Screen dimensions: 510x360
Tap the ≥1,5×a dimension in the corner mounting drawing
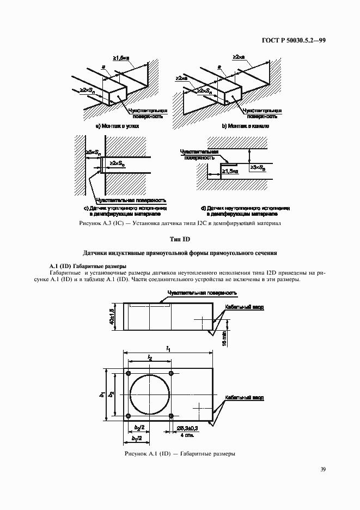pos(121,58)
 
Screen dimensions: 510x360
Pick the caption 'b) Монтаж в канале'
pos(246,126)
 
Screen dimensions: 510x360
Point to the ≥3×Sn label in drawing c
pos(93,153)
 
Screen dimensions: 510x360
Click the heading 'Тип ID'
pos(180,240)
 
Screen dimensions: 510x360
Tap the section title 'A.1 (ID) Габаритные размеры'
pos(87,266)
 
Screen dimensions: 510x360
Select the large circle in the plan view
pos(149,394)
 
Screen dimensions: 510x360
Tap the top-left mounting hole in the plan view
pos(129,373)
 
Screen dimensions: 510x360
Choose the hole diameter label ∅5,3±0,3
pos(188,430)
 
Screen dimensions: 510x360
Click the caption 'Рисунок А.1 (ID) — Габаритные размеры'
pos(180,453)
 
